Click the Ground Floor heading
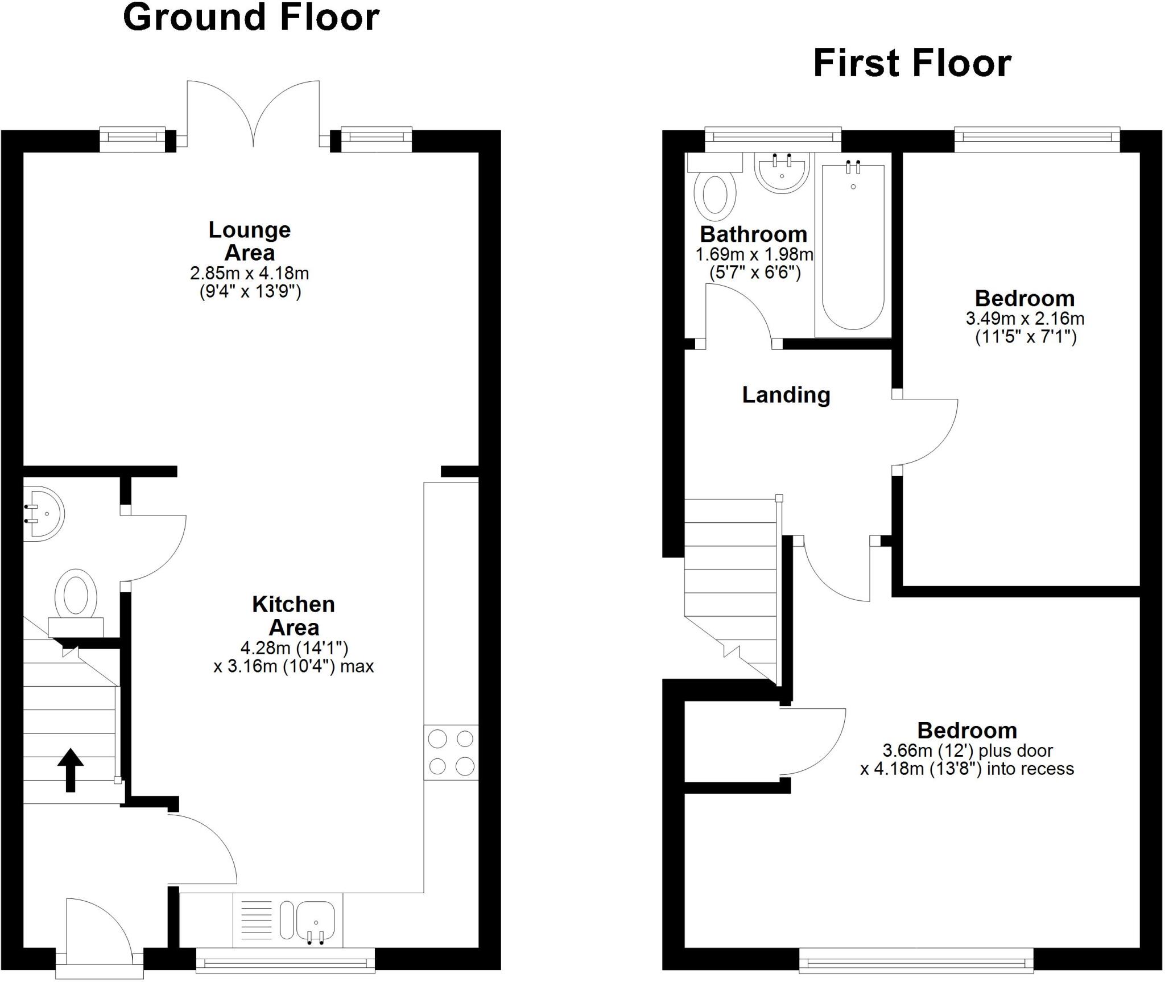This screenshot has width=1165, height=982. pos(251,18)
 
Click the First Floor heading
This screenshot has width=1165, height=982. pos(912,64)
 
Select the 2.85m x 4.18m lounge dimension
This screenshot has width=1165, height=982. pos(250,273)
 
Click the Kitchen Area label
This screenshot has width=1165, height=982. pos(294,616)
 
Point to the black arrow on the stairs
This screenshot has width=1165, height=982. pos(71,770)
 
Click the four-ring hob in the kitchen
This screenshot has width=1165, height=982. pos(451,753)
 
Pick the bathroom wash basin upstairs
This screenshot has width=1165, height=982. pos(782,172)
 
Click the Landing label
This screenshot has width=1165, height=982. pos(786,395)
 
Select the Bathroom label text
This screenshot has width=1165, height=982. pos(753,234)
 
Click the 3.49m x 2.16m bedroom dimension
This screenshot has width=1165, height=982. pos(1025,319)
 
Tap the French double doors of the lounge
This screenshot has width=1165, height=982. pos(253,114)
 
